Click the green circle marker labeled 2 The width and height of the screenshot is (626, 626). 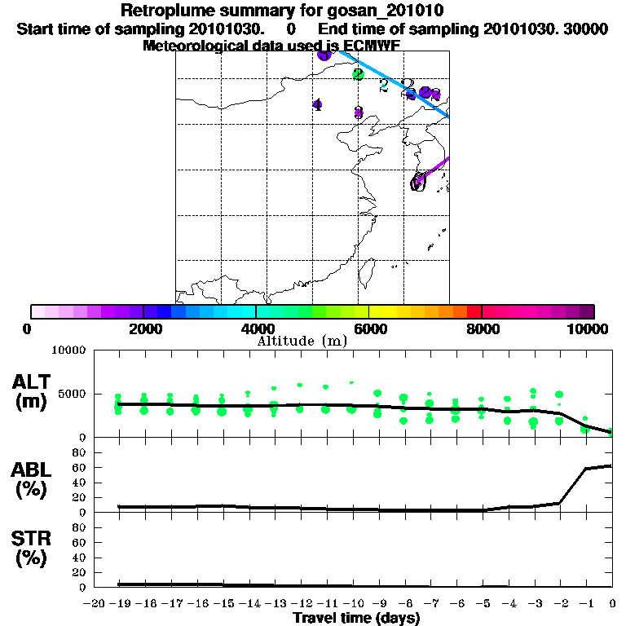click(358, 74)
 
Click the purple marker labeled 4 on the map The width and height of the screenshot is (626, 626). click(317, 104)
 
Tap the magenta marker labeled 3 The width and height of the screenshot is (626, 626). click(358, 112)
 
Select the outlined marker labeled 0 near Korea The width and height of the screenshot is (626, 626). click(418, 182)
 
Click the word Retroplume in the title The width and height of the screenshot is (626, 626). click(162, 11)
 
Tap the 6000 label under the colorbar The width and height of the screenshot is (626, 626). click(369, 328)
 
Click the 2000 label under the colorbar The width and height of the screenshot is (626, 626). click(143, 328)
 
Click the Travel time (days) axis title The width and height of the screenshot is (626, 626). click(355, 619)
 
